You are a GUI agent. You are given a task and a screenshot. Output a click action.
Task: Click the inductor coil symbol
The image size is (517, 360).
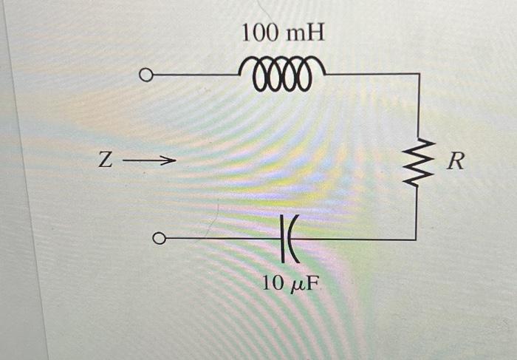coord(282,74)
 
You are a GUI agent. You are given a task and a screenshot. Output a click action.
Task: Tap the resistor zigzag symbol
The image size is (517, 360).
coord(419,163)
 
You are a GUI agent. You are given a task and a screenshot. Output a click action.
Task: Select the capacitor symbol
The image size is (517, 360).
coord(289,239)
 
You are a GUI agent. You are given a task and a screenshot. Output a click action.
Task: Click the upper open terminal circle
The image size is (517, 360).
coord(146,75)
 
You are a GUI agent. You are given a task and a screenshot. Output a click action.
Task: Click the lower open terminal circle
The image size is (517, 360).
coord(157,239)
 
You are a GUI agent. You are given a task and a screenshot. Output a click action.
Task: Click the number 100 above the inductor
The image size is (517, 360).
coord(261,33)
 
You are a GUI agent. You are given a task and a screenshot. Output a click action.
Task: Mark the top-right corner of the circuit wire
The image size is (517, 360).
coord(419,75)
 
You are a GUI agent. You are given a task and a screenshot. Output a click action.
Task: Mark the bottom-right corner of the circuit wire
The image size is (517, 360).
coord(417,239)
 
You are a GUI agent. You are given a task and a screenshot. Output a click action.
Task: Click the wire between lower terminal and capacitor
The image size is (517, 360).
coord(222,239)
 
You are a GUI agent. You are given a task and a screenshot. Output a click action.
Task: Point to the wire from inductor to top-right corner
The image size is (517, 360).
coord(369,75)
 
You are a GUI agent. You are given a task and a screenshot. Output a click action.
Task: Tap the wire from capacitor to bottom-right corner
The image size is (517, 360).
coord(355,239)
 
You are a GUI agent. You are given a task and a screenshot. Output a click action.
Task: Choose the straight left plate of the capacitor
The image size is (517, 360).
coord(284,239)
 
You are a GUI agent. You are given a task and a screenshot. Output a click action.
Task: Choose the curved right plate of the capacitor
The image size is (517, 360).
coord(292,239)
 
